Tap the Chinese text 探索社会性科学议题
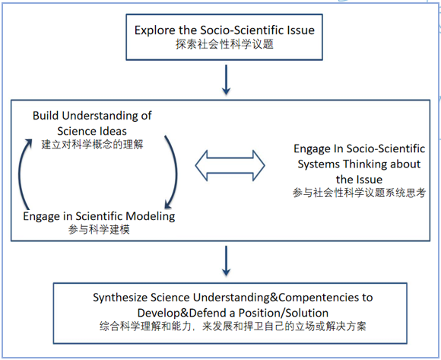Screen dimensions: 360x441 (x=224, y=45)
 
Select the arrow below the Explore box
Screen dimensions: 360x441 (x=226, y=78)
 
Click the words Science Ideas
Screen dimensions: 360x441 (x=91, y=129)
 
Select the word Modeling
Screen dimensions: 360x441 (x=150, y=215)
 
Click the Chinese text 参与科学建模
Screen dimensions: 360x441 (x=98, y=230)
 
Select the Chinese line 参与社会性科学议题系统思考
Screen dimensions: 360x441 (x=359, y=193)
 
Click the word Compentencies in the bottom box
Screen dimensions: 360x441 (x=308, y=297)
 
